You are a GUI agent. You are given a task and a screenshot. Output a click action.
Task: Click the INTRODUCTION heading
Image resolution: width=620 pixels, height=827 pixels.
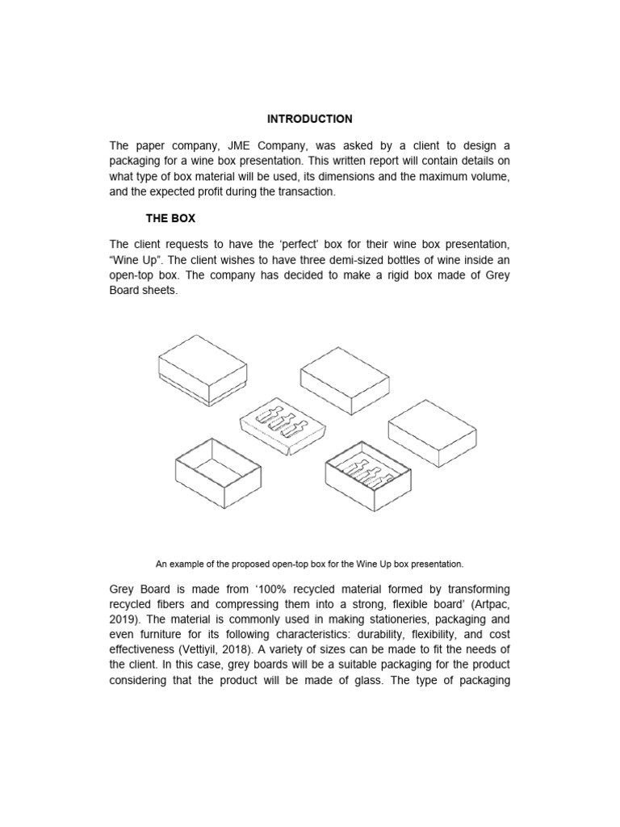click(310, 119)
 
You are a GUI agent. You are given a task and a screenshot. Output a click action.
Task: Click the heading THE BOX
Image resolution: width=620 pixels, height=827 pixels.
click(170, 219)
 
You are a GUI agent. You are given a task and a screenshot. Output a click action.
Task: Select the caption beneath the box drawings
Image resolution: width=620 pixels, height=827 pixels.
click(310, 562)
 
